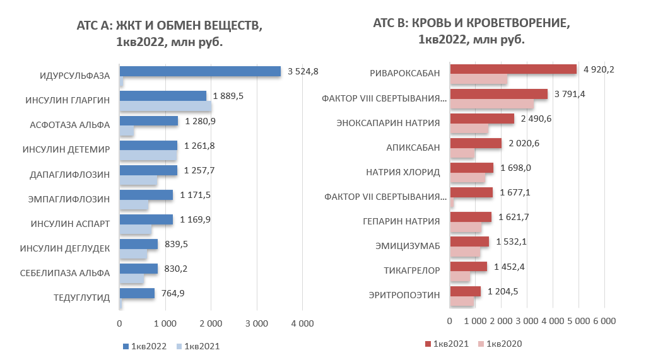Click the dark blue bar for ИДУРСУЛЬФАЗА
[x=200, y=71]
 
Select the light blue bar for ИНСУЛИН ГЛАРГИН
[x=165, y=106]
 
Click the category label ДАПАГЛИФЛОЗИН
[x=70, y=174]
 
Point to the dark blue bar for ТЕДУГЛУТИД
[x=137, y=293]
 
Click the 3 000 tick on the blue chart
[x=256, y=323]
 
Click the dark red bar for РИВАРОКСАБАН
[x=513, y=69]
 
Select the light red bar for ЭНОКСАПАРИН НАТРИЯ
[x=469, y=129]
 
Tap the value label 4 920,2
[x=599, y=69]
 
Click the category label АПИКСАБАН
[x=413, y=147]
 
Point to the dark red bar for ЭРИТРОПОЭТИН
[x=465, y=291]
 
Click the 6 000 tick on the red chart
[x=604, y=321]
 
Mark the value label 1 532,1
[x=512, y=241]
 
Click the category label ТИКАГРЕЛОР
[x=411, y=270]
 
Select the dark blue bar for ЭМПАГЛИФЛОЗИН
[x=146, y=195]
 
